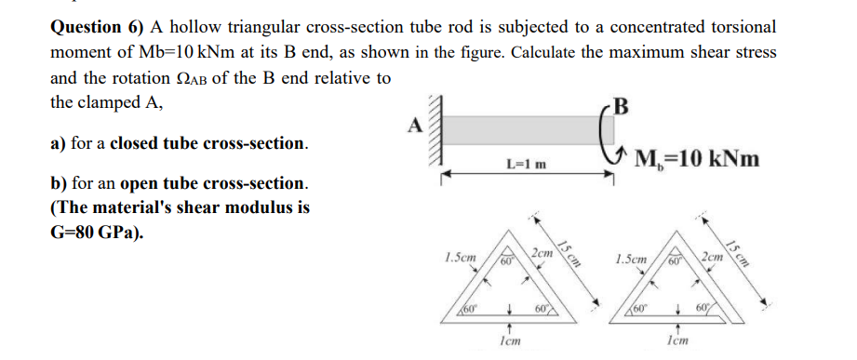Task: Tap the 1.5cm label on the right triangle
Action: point(633,256)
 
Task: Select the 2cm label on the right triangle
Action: point(714,255)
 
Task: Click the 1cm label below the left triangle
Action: point(508,341)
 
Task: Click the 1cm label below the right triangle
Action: point(680,341)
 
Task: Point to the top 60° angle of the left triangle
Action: point(508,261)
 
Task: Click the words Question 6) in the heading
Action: point(94,27)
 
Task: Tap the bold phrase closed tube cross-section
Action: point(208,144)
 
